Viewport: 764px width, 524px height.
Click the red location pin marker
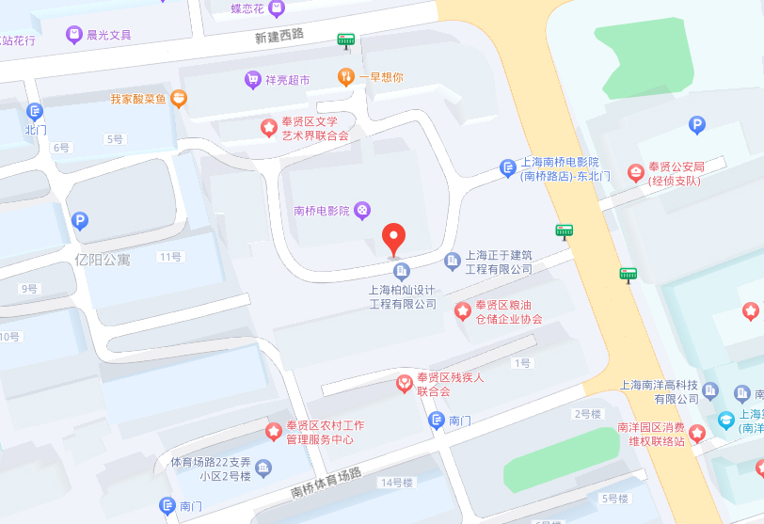click(x=393, y=239)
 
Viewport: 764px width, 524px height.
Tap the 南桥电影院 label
click(x=321, y=211)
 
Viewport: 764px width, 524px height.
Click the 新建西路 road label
click(x=279, y=35)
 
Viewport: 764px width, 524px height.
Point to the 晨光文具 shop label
click(x=108, y=35)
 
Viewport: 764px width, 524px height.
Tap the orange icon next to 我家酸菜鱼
click(x=179, y=98)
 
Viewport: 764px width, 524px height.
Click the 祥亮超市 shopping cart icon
click(x=252, y=80)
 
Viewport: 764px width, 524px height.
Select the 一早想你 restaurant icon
click(x=346, y=77)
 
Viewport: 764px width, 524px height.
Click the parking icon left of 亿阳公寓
click(x=80, y=221)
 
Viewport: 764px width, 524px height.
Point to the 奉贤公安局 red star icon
click(x=636, y=172)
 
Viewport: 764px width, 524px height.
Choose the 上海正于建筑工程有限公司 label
click(x=499, y=262)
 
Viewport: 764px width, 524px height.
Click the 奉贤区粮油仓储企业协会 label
click(x=508, y=312)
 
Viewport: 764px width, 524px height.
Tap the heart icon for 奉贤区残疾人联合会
click(x=403, y=383)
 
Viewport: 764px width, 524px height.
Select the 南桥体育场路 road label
click(x=326, y=483)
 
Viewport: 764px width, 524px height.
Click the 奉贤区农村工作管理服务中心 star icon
click(x=273, y=431)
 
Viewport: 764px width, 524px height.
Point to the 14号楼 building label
click(x=396, y=483)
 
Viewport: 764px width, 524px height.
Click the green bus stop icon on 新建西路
click(x=346, y=40)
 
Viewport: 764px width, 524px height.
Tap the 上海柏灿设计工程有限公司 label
click(x=403, y=297)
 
